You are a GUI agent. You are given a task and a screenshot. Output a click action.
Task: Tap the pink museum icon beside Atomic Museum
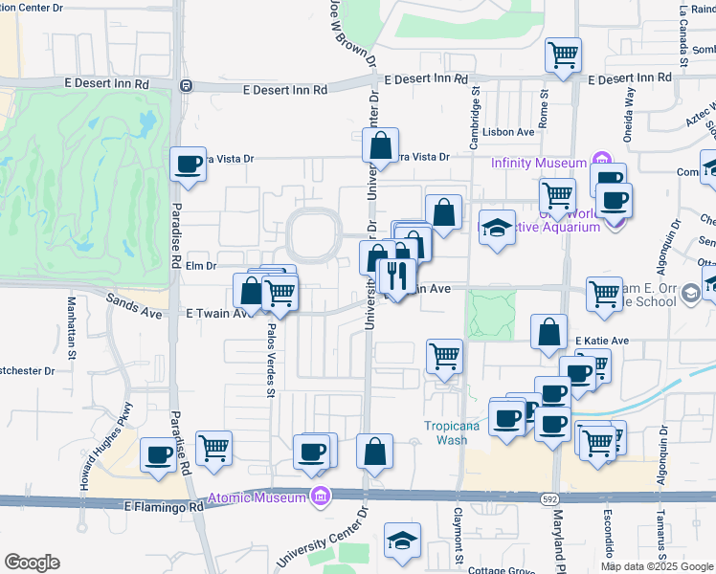[x=320, y=497]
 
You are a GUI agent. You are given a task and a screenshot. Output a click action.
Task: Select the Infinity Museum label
[x=538, y=163]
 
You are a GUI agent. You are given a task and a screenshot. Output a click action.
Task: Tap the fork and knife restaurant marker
[x=395, y=276]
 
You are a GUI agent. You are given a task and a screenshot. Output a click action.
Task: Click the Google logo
[x=32, y=563]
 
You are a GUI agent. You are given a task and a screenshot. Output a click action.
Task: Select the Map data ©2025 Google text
[x=656, y=566]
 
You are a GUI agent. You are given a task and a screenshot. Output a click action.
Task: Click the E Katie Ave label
[x=602, y=341]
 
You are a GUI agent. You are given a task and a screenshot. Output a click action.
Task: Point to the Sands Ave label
[x=134, y=305]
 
